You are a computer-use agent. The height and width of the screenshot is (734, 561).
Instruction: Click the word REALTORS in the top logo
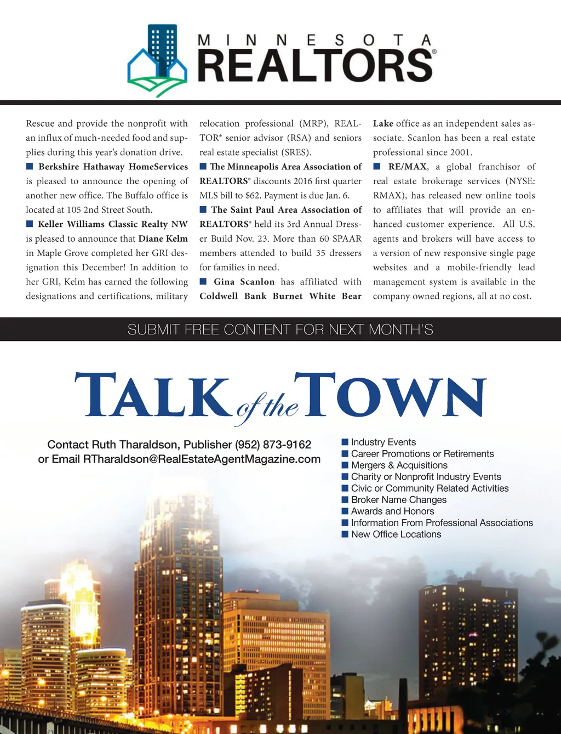click(316, 66)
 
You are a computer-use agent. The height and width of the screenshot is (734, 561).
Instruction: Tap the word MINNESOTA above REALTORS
click(314, 40)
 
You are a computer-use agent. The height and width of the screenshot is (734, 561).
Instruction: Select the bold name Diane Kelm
click(163, 238)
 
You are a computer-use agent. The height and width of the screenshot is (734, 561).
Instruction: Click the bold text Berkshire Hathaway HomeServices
click(113, 167)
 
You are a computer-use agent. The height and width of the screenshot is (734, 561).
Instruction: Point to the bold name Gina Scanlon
click(244, 282)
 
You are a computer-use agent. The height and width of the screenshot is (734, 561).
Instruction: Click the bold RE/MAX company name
click(407, 167)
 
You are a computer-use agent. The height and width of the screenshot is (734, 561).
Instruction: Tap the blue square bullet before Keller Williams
click(30, 224)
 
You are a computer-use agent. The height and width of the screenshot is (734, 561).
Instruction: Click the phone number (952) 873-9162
click(273, 445)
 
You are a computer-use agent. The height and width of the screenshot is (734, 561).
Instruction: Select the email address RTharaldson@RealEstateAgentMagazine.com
click(202, 459)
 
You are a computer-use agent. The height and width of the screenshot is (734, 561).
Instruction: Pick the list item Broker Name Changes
click(398, 500)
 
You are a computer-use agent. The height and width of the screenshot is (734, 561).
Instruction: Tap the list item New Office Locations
click(396, 534)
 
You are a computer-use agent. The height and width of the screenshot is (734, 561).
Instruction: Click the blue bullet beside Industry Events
click(345, 442)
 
